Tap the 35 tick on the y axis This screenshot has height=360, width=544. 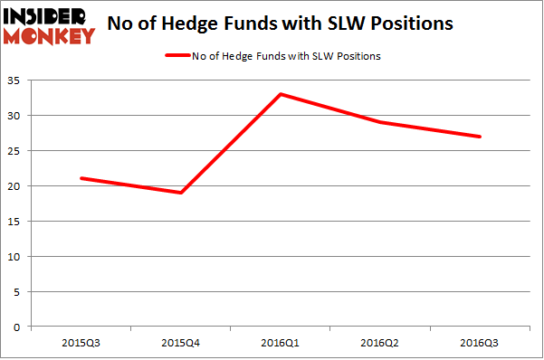(16, 81)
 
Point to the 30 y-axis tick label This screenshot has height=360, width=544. (16, 117)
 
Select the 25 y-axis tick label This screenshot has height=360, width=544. (16, 151)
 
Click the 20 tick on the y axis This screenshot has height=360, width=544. (16, 186)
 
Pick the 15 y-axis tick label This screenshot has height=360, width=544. (16, 222)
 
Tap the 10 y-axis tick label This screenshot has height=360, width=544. (16, 257)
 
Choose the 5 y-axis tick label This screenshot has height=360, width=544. (19, 291)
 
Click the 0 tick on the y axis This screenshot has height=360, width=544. (19, 327)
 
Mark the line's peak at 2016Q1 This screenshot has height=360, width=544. (281, 94)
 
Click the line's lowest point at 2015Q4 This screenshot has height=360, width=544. (181, 193)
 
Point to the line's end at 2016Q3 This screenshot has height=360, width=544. (480, 137)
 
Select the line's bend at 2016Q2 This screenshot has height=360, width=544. (380, 122)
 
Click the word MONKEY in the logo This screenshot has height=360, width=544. (50, 36)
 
